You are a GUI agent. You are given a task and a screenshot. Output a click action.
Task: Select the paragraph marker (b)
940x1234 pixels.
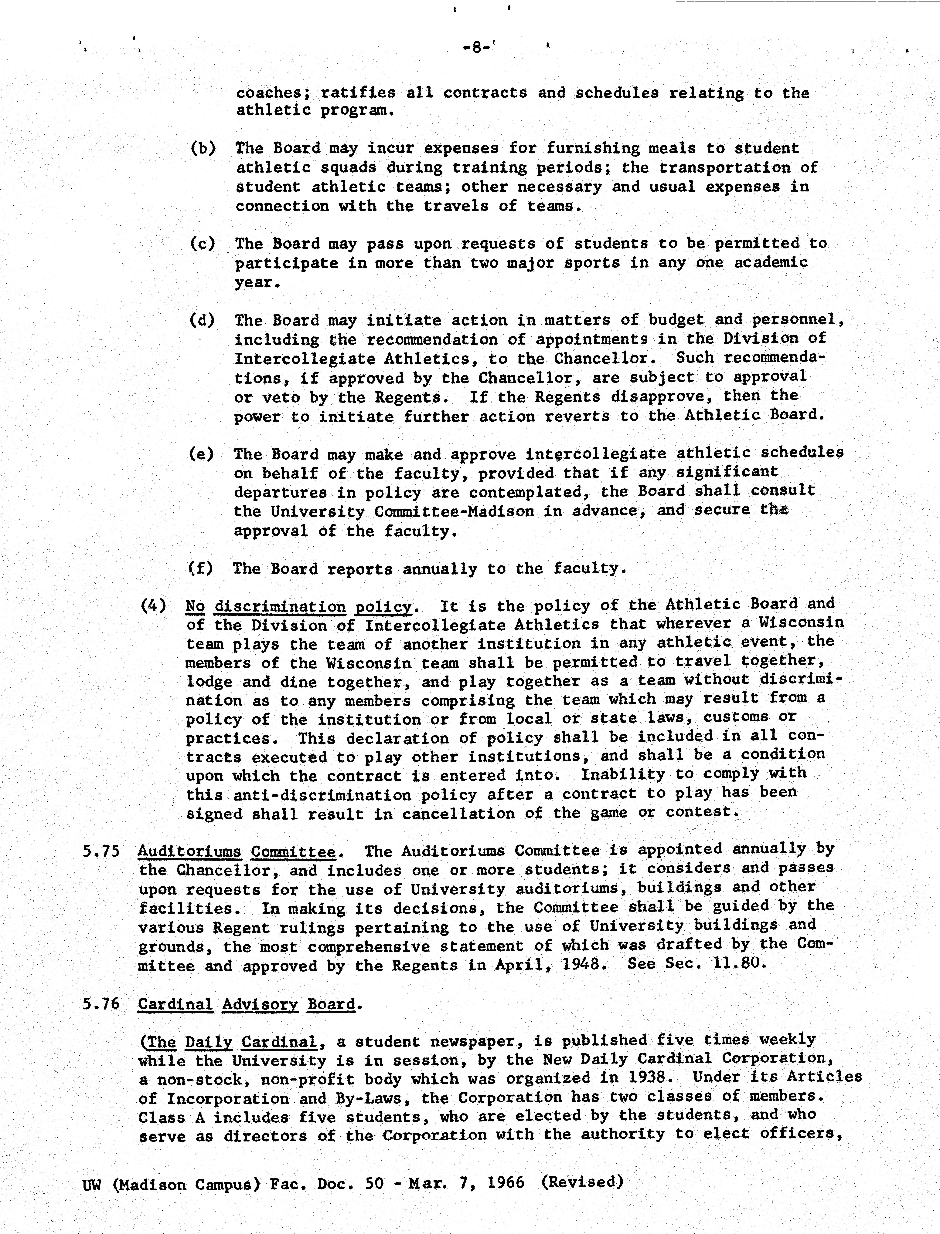pos(203,149)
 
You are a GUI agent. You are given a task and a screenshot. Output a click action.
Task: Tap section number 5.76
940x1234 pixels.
pos(101,1004)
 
